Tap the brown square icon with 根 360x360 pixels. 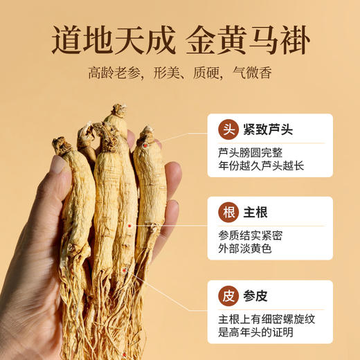coord(227,213)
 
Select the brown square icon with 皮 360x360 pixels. coord(227,296)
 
